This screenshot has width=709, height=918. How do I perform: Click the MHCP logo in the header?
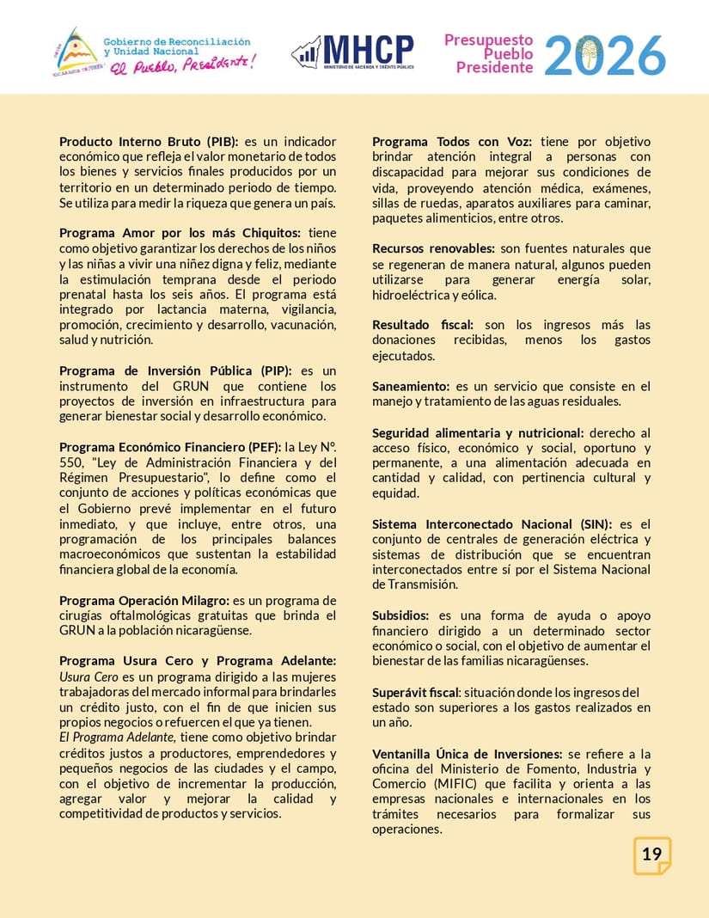pyautogui.click(x=352, y=52)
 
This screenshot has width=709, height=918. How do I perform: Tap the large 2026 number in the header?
pyautogui.click(x=605, y=55)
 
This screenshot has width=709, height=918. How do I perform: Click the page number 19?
pyautogui.click(x=651, y=854)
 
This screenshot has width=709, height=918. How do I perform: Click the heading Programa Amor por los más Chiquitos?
pyautogui.click(x=180, y=234)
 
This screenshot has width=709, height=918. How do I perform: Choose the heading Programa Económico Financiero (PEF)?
pyautogui.click(x=169, y=448)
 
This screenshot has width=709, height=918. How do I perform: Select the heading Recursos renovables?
pyautogui.click(x=433, y=249)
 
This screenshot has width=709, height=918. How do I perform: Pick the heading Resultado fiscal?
pyautogui.click(x=423, y=326)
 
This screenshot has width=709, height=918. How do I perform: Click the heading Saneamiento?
pyautogui.click(x=411, y=387)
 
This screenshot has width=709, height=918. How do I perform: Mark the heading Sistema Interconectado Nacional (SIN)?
pyautogui.click(x=492, y=524)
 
